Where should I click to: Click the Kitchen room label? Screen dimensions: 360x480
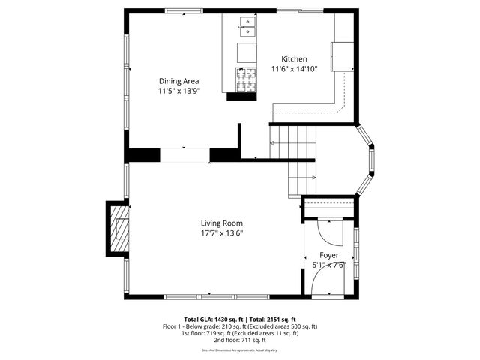pyautogui.click(x=294, y=59)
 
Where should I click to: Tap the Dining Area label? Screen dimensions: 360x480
pyautogui.click(x=178, y=81)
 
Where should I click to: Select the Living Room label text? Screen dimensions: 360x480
pyautogui.click(x=221, y=223)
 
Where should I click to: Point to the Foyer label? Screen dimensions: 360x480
pyautogui.click(x=329, y=255)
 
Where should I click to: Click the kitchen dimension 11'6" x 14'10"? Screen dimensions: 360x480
pyautogui.click(x=294, y=69)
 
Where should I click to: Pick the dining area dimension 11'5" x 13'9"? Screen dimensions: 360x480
pyautogui.click(x=178, y=91)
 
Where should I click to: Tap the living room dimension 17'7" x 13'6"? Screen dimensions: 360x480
pyautogui.click(x=221, y=232)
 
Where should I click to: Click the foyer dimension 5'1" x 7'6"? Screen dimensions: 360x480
pyautogui.click(x=328, y=265)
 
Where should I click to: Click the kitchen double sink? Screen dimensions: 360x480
pyautogui.click(x=247, y=28)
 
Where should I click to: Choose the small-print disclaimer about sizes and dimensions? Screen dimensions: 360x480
pyautogui.click(x=240, y=350)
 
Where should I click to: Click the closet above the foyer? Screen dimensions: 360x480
pyautogui.click(x=328, y=207)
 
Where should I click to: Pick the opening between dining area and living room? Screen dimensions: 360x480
pyautogui.click(x=184, y=155)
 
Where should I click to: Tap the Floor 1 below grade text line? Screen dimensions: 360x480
pyautogui.click(x=240, y=326)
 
